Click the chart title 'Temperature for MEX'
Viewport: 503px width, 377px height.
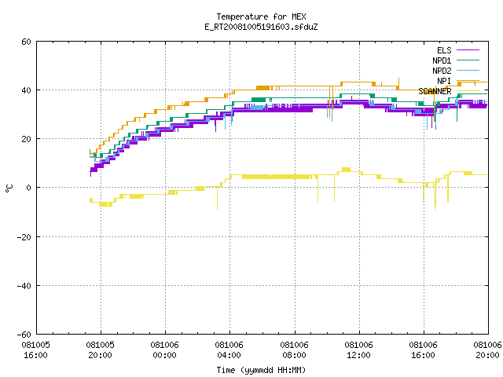point(261,16)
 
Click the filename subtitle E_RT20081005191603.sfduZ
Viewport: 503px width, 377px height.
point(261,27)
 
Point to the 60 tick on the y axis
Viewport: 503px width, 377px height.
point(26,42)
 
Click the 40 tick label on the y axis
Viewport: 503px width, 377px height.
point(26,90)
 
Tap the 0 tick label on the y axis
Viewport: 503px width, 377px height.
point(29,188)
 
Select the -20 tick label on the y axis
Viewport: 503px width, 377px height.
point(24,237)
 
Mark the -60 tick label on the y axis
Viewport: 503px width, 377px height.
point(24,335)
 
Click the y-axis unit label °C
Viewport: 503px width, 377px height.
point(9,188)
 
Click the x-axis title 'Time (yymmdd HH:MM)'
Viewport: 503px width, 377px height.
point(261,370)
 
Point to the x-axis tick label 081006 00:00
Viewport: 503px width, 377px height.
point(164,350)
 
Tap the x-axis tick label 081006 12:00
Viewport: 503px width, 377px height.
point(358,350)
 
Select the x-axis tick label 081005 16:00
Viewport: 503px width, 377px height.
point(35,350)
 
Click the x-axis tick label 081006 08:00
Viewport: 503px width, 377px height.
point(294,350)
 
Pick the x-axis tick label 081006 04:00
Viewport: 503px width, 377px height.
point(229,350)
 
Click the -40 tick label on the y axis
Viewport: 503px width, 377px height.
point(24,286)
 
